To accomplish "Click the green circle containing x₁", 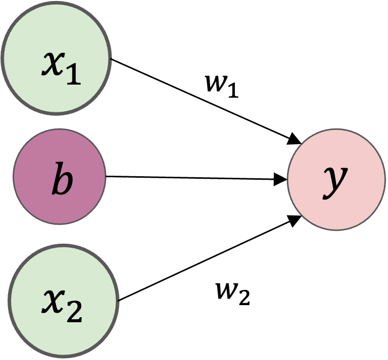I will coord(55,58).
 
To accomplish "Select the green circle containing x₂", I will coord(63,301).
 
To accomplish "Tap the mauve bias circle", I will coord(59,176).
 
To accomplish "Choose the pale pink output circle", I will coord(337,180).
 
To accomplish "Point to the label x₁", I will coord(60,67).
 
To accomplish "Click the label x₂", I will coord(62,304).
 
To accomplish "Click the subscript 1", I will coord(73,75).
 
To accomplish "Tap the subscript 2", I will coord(74,312).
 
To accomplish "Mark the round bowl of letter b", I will coord(64,185).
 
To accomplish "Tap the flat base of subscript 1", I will coord(73,83).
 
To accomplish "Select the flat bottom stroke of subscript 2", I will coord(74,320).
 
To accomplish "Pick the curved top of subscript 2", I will coord(74,304).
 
